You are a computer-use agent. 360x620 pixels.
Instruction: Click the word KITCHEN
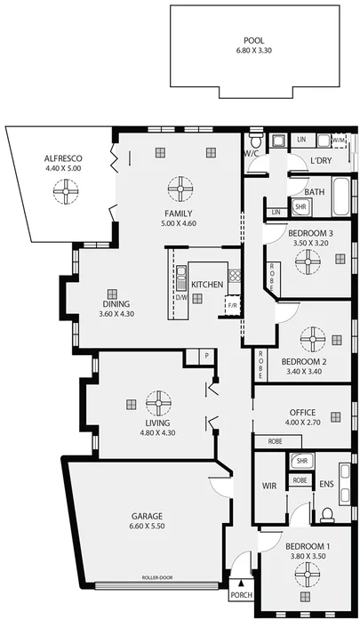point(207,285)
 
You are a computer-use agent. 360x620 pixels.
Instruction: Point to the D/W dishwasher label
point(180,297)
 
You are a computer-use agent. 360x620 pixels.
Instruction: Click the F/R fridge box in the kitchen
point(233,305)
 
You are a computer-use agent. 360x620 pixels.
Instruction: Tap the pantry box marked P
point(206,356)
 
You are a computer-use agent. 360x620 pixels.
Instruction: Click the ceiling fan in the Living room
point(159,402)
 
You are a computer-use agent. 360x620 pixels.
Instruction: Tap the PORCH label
point(241,595)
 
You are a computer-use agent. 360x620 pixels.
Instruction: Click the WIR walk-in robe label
point(270,487)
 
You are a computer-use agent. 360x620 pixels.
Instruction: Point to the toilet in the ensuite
point(326,514)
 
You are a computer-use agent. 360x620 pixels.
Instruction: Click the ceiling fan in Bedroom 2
point(313,339)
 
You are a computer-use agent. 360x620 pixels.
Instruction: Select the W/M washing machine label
point(339,141)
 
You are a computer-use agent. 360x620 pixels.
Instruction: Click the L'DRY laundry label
point(321,161)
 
